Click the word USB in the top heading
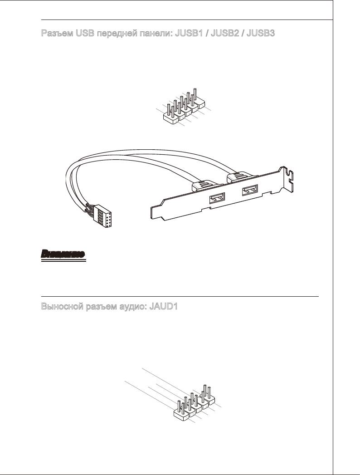(85, 34)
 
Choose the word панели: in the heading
(157, 34)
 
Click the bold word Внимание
(62, 255)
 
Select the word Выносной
(60, 307)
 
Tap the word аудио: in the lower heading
(133, 307)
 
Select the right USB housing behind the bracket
(237, 176)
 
